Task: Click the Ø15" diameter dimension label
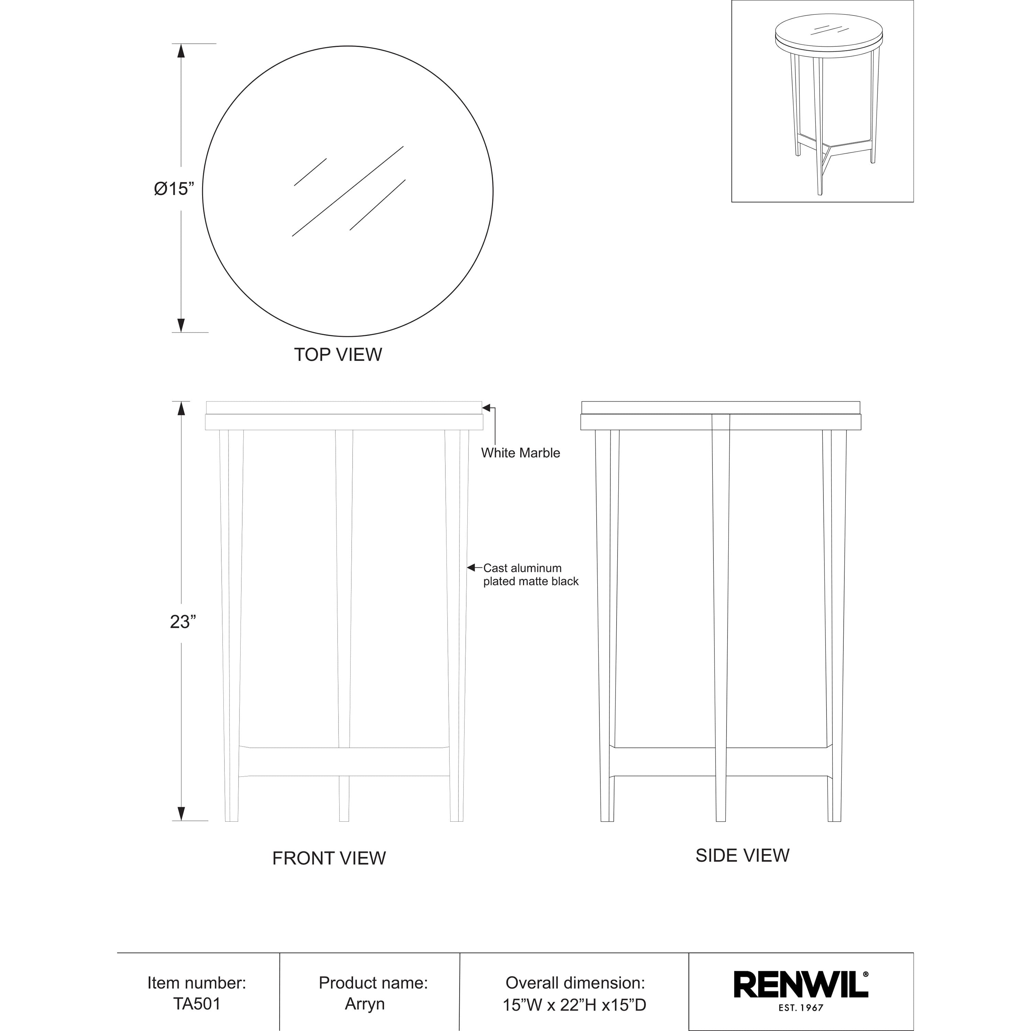tap(178, 189)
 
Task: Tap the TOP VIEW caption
tap(338, 354)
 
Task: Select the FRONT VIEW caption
tap(329, 858)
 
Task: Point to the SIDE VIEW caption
tap(742, 855)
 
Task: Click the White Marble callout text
tap(520, 453)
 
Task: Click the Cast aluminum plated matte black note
tap(530, 575)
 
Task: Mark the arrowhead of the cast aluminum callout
tap(471, 567)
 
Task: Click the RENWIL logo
tap(800, 985)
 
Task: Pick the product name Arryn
tap(365, 1004)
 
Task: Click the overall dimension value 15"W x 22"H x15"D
tap(574, 1005)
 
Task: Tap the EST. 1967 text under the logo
tap(800, 1008)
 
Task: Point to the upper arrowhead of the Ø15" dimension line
tap(181, 51)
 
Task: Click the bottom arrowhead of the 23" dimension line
tap(181, 813)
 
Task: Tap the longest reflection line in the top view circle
tap(347, 191)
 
